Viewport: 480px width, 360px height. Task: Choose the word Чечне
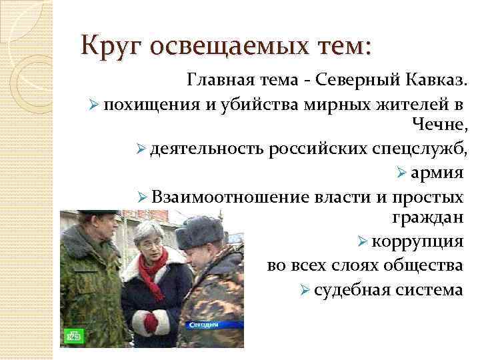[x=440, y=125]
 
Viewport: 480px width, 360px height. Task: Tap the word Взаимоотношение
[x=230, y=197]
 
